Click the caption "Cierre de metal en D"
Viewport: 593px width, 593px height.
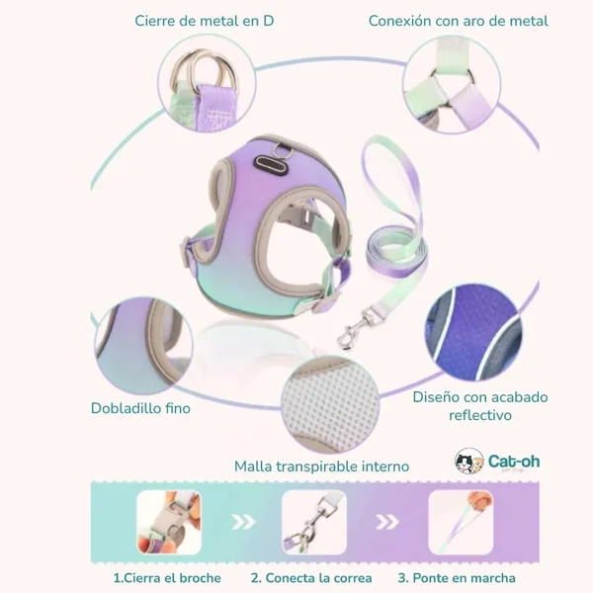tap(205, 21)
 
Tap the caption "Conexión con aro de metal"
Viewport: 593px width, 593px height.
tap(459, 21)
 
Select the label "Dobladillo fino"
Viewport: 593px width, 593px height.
tap(140, 408)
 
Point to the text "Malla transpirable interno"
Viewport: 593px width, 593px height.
tap(322, 466)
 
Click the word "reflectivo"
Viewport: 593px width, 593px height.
tap(480, 415)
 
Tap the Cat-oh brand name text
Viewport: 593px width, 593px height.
tap(514, 461)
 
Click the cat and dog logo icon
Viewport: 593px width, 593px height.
tap(468, 461)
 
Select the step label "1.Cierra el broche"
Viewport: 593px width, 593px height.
tap(167, 578)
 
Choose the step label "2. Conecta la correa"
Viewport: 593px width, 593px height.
tap(311, 578)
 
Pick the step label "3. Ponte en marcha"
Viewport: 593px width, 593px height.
tap(457, 578)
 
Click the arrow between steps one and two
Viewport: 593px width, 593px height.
tap(243, 522)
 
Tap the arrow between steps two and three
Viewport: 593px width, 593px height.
tap(386, 522)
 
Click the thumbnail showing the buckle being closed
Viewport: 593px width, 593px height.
tap(169, 522)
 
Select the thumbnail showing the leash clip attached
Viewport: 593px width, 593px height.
tap(314, 522)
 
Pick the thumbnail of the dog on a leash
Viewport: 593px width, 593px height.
tap(461, 522)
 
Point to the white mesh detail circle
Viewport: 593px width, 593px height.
tap(330, 404)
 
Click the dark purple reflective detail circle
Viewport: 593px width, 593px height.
tap(473, 332)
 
